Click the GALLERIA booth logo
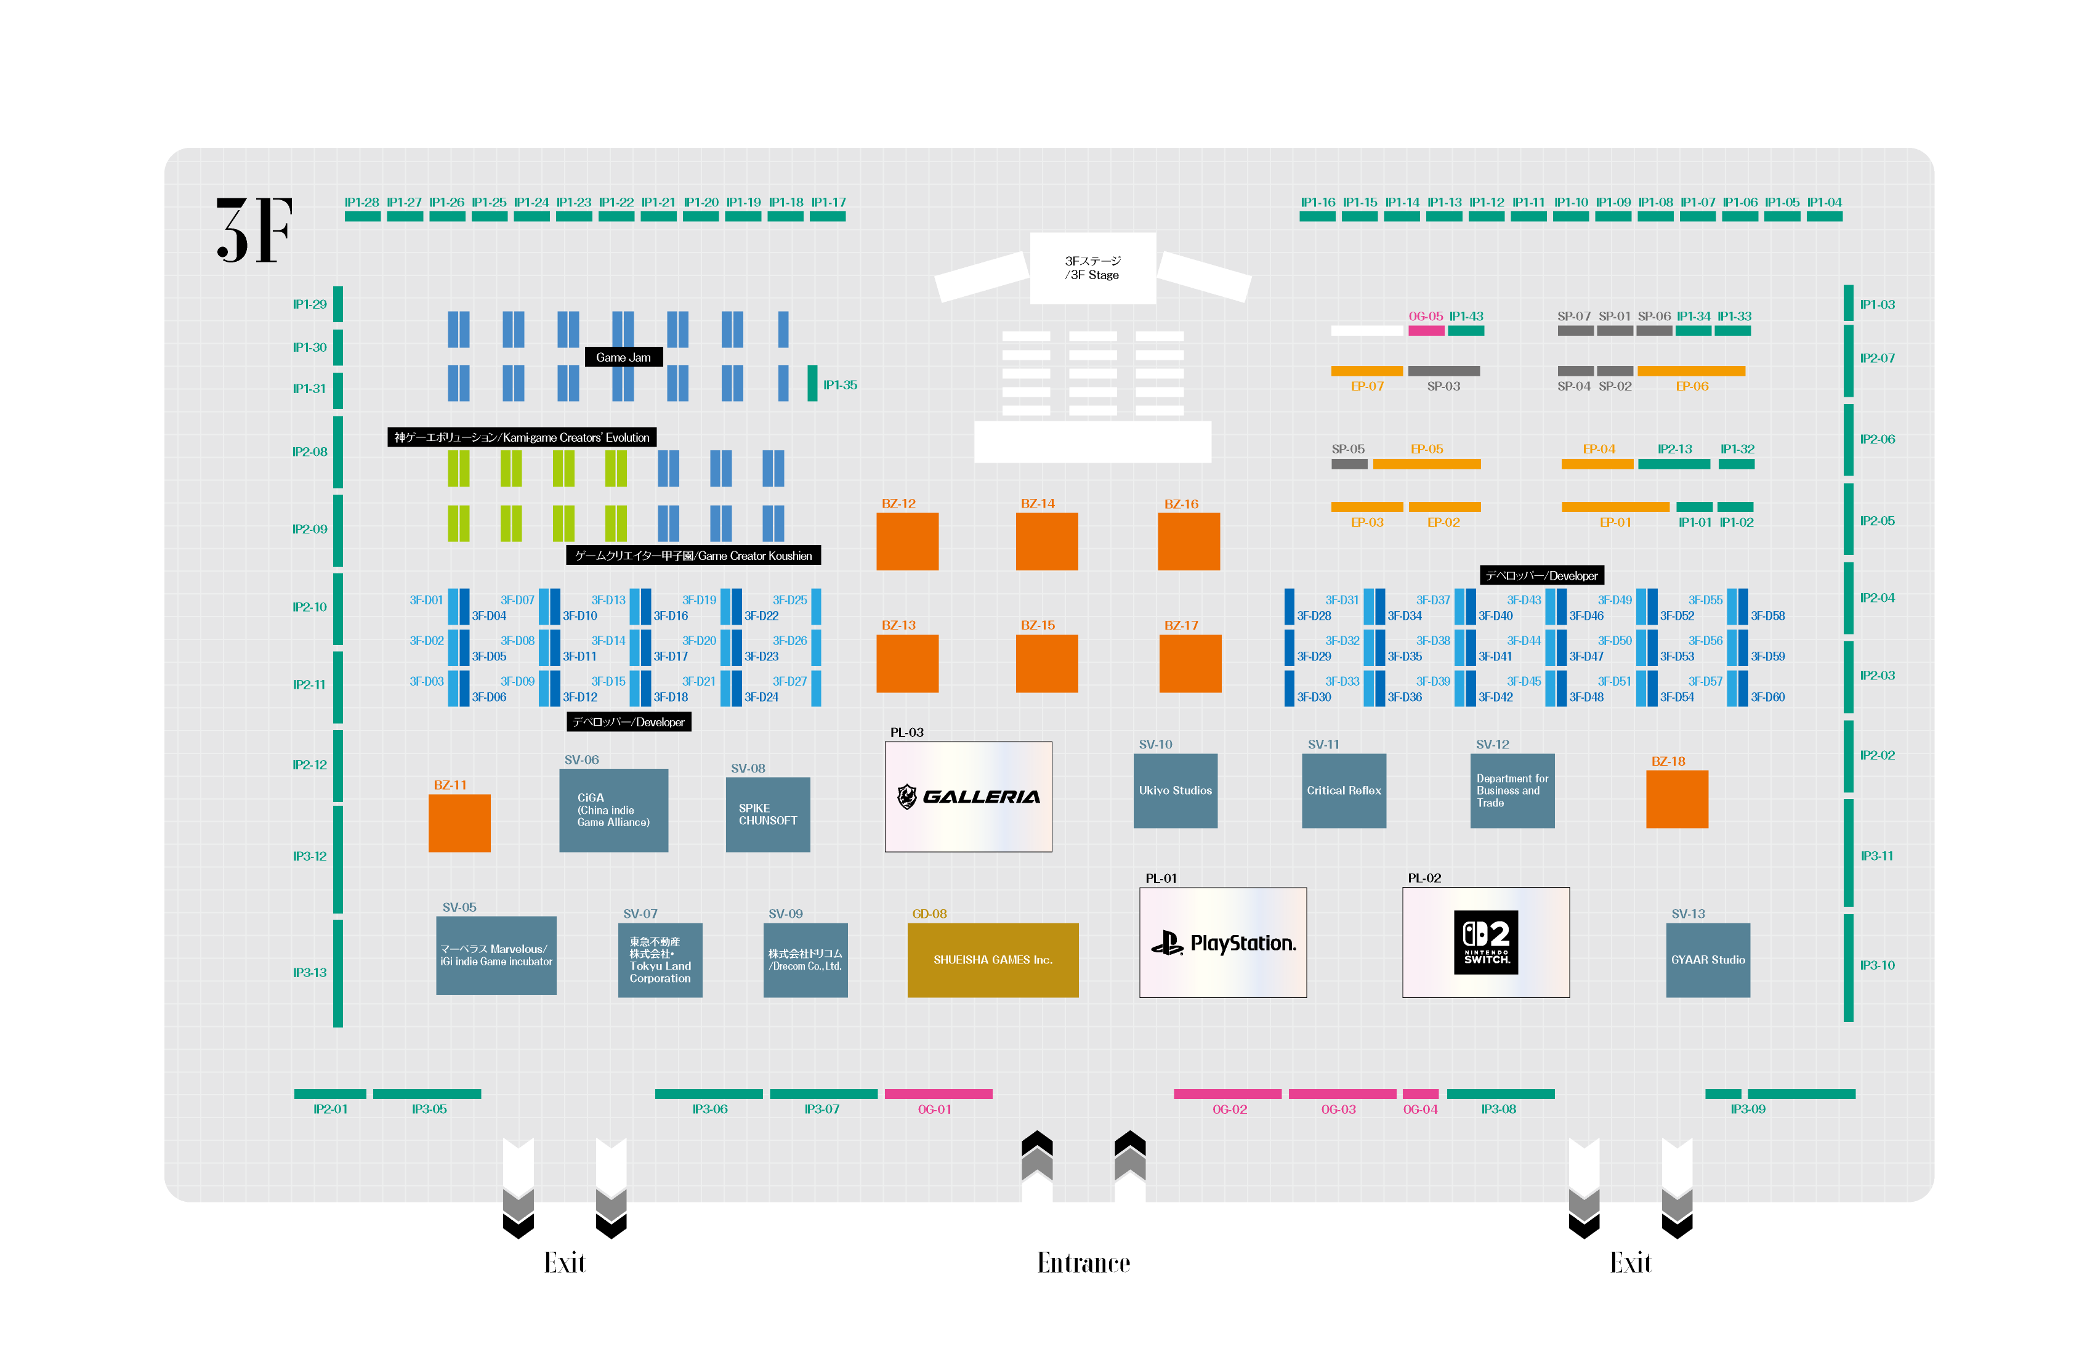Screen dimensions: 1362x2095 tap(968, 797)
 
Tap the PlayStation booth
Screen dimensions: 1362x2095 tap(1222, 943)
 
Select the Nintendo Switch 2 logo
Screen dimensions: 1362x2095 tap(1486, 942)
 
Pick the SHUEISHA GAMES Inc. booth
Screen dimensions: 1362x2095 tap(993, 960)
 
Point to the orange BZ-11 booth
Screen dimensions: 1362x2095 tap(459, 823)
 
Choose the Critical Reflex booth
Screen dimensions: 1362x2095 tap(1344, 790)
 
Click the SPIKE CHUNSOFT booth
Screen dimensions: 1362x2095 tap(767, 814)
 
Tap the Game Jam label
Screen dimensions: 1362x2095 tap(623, 357)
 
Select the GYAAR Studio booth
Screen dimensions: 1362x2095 tap(1708, 960)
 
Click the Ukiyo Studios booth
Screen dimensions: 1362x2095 tap(1175, 790)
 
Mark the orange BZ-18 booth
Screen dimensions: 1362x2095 tap(1677, 800)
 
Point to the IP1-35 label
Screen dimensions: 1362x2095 tap(840, 385)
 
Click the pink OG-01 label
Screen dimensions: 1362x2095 tap(935, 1109)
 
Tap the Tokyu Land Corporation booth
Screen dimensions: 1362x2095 tap(660, 960)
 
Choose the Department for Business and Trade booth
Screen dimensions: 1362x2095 tap(1512, 790)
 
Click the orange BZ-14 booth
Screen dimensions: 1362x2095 tap(1047, 541)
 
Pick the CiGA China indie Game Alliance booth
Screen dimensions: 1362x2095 tap(613, 810)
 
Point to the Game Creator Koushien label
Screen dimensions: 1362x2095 tap(693, 556)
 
